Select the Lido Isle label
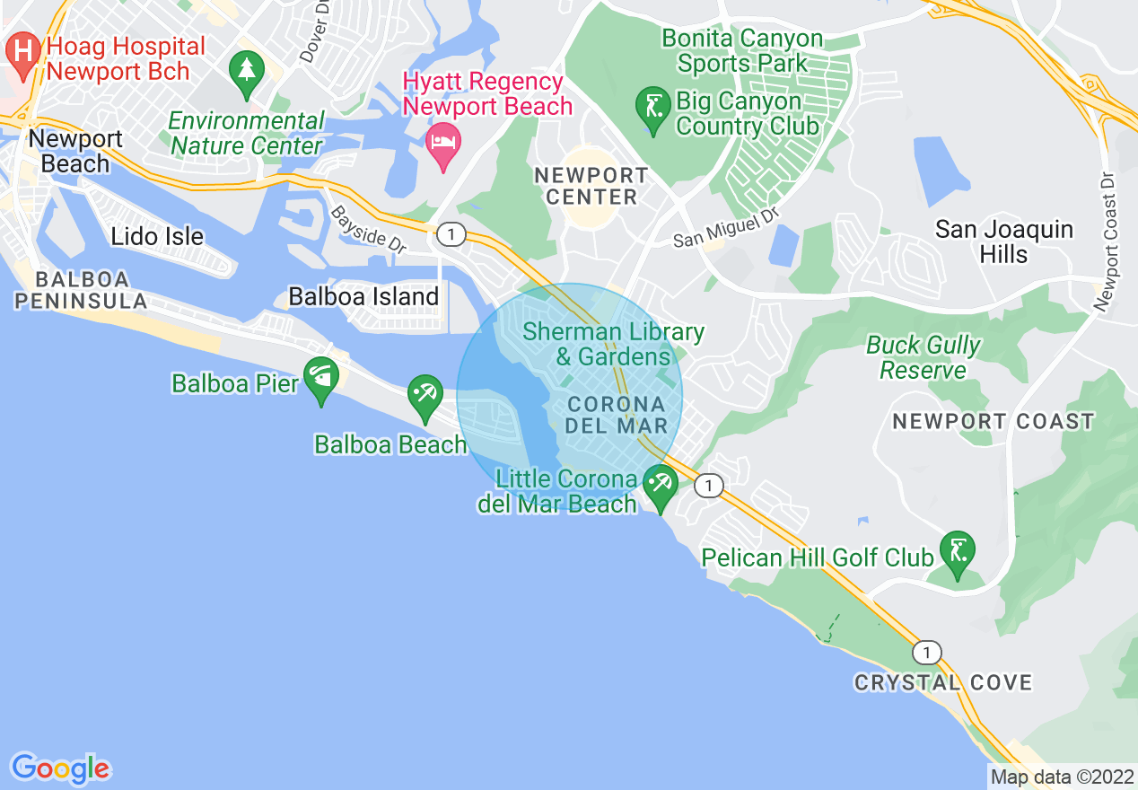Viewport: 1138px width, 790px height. pyautogui.click(x=157, y=237)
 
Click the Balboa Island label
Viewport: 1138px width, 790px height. pyautogui.click(x=363, y=296)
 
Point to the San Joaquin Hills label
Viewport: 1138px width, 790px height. pyautogui.click(x=1003, y=241)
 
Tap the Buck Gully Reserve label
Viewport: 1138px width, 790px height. pyautogui.click(x=924, y=357)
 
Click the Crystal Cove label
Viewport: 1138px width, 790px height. pyautogui.click(x=942, y=683)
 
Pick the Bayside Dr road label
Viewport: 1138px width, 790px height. pyautogui.click(x=369, y=229)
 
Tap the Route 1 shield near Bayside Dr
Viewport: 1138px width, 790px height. pyautogui.click(x=451, y=235)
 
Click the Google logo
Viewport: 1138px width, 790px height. pyautogui.click(x=61, y=768)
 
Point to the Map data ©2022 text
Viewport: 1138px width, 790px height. pyautogui.click(x=1061, y=777)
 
